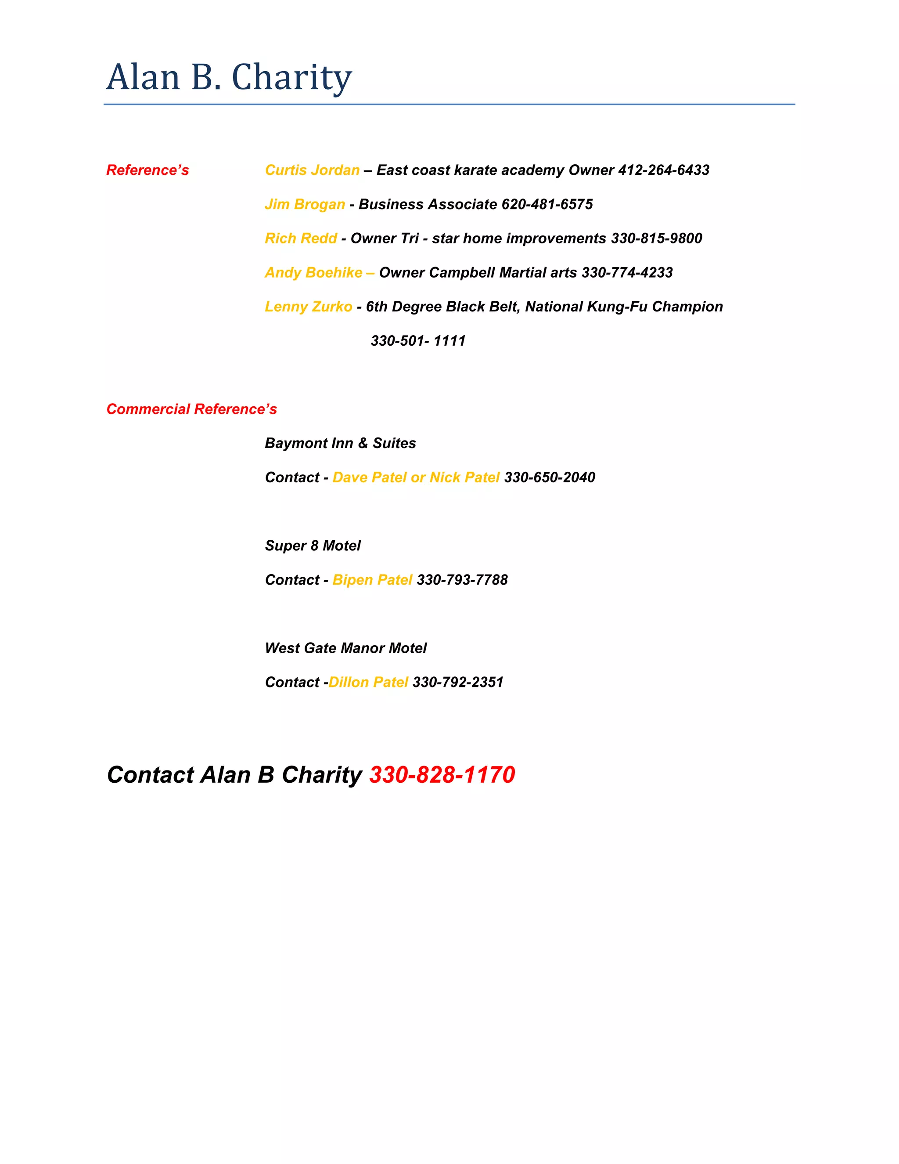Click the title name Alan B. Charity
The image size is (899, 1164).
pyautogui.click(x=229, y=77)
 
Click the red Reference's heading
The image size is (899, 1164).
pyautogui.click(x=147, y=170)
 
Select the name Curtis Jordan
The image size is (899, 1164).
pyautogui.click(x=312, y=170)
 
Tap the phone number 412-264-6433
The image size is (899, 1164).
pyautogui.click(x=663, y=170)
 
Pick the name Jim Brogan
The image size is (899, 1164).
pyautogui.click(x=305, y=204)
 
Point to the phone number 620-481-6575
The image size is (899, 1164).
pyautogui.click(x=547, y=204)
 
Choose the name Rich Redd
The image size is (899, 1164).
pyautogui.click(x=301, y=238)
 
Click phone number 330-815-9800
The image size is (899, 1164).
pyautogui.click(x=656, y=238)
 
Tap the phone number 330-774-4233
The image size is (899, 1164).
pyautogui.click(x=627, y=272)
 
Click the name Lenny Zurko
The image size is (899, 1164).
pyautogui.click(x=308, y=307)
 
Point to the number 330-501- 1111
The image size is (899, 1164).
pyautogui.click(x=418, y=340)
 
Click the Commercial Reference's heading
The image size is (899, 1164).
pyautogui.click(x=192, y=409)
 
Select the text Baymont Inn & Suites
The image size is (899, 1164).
pyautogui.click(x=340, y=443)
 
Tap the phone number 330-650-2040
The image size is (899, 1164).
pyautogui.click(x=550, y=477)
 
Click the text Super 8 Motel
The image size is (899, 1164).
pyautogui.click(x=313, y=545)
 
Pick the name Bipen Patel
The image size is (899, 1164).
pyautogui.click(x=372, y=579)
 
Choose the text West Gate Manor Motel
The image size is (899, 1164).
pyautogui.click(x=345, y=647)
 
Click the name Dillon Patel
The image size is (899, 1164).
pyautogui.click(x=368, y=682)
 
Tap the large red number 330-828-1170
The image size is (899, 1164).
pyautogui.click(x=442, y=774)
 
